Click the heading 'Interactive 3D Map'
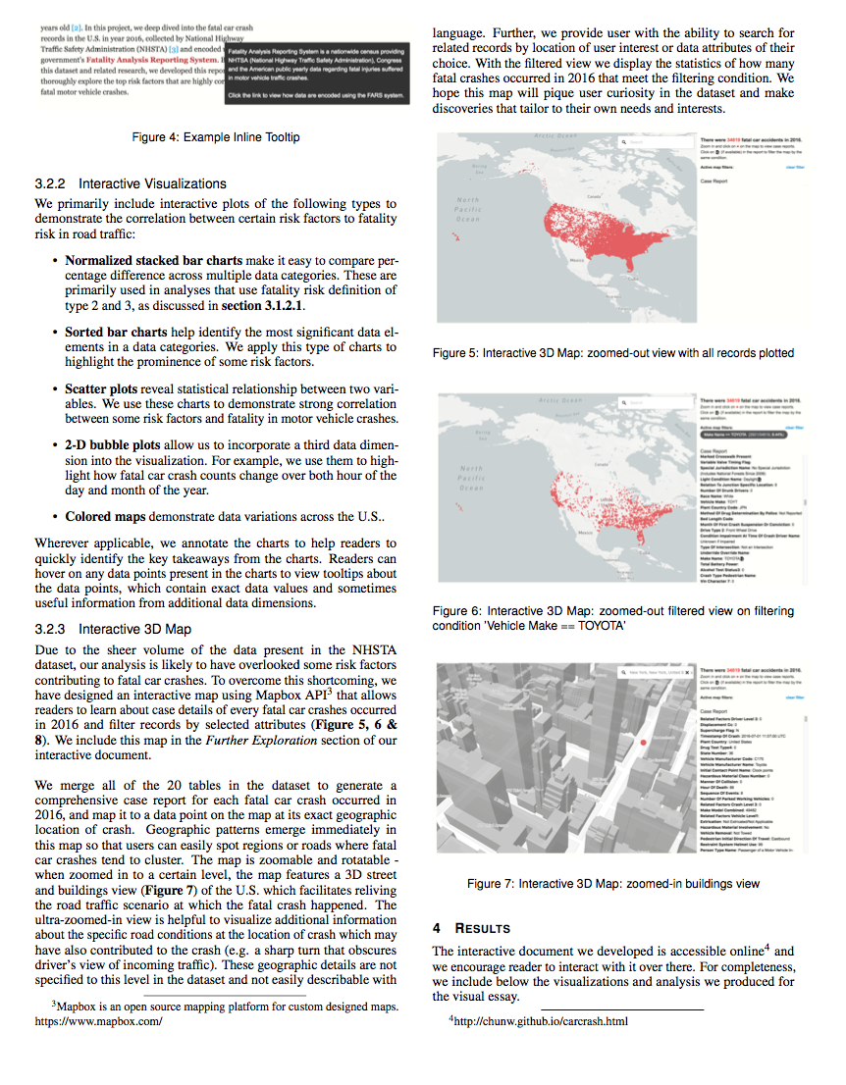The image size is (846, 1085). tap(135, 629)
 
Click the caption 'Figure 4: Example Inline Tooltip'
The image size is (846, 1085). tap(215, 136)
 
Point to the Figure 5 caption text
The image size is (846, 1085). tap(613, 352)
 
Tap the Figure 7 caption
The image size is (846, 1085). tap(613, 883)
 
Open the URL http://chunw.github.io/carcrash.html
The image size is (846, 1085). tap(538, 1021)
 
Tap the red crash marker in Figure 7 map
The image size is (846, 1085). tap(641, 745)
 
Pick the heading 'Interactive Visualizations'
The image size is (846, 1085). tap(153, 183)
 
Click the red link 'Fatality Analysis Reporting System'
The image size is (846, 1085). tap(152, 59)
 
